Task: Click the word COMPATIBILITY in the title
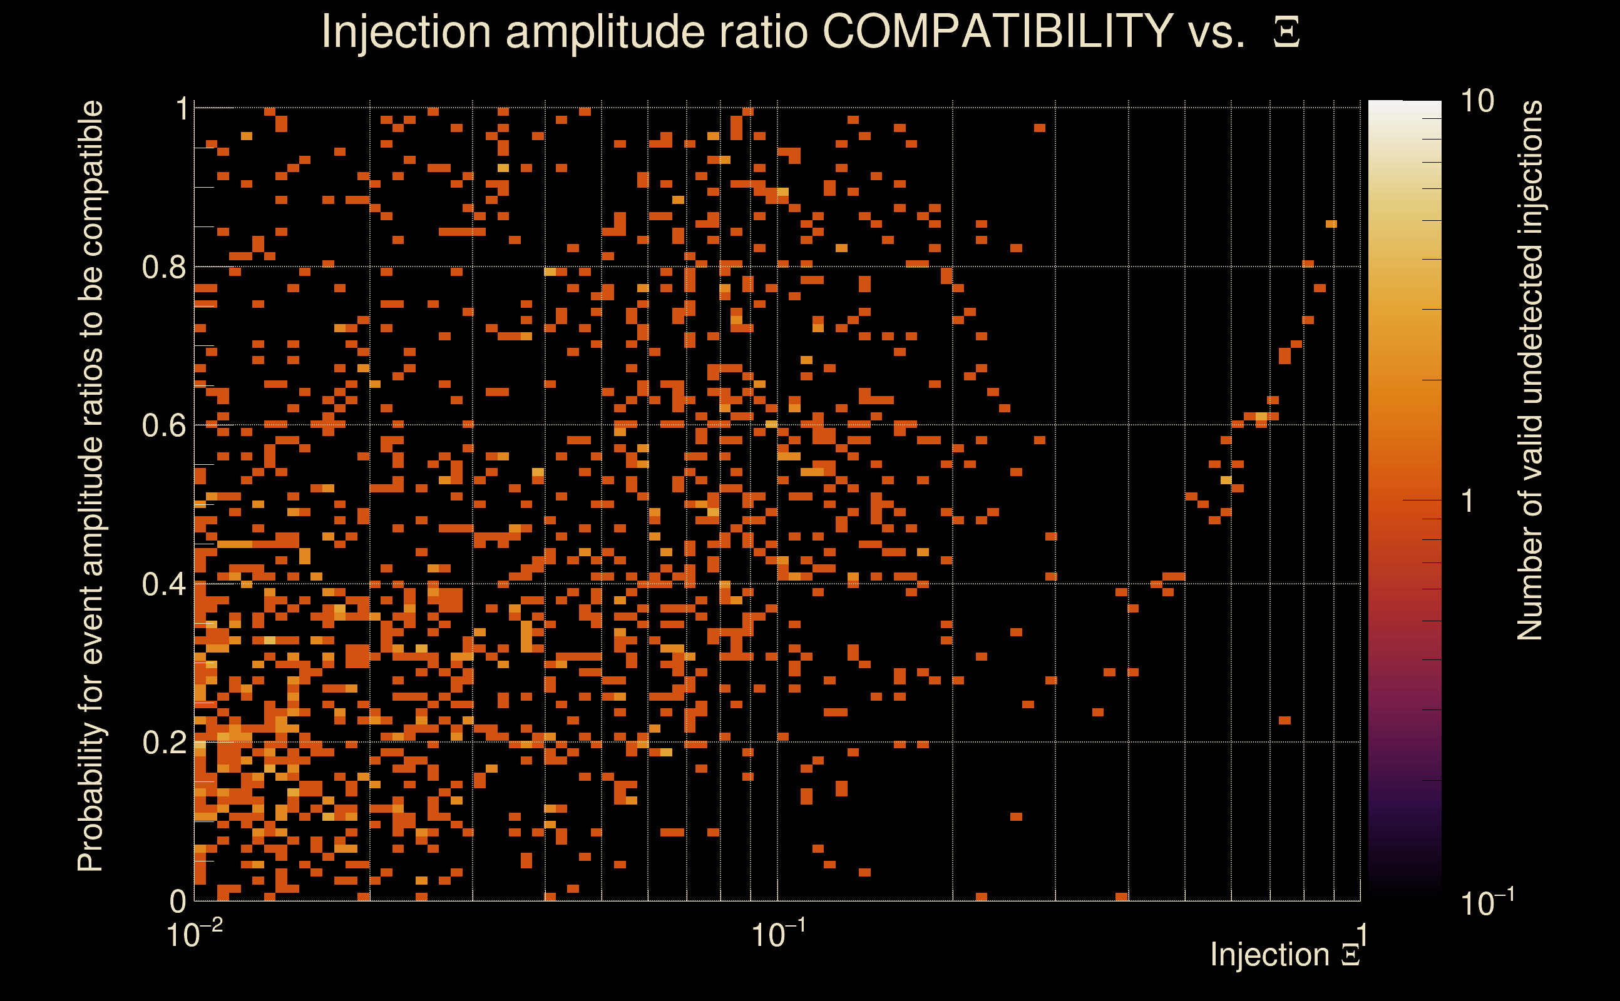tap(997, 31)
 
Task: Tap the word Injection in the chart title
tap(406, 31)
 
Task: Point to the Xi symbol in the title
tap(1286, 33)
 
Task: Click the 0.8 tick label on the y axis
tap(163, 268)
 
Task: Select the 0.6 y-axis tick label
tap(163, 425)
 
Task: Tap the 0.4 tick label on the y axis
tap(163, 584)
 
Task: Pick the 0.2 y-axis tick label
tap(163, 743)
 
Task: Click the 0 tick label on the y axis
tap(178, 901)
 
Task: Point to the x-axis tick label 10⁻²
tap(195, 935)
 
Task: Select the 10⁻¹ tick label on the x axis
tap(778, 935)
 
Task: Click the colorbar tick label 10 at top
tap(1477, 101)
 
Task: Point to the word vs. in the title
tap(1217, 31)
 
